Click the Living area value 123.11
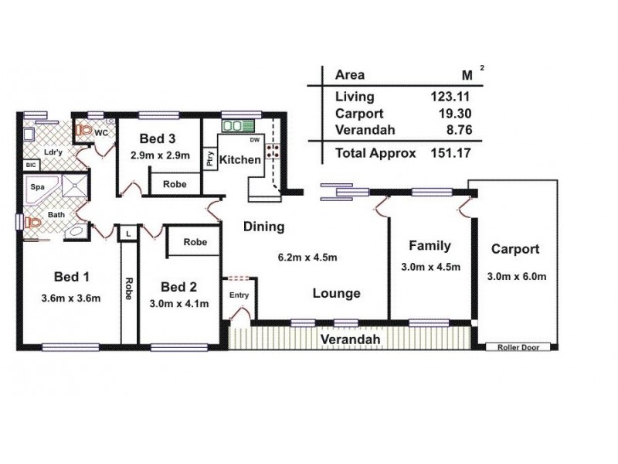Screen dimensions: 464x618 pyautogui.click(x=450, y=97)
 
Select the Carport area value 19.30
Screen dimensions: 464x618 pyautogui.click(x=454, y=114)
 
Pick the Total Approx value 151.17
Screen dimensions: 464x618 pyautogui.click(x=450, y=153)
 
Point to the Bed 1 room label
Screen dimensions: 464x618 pyautogui.click(x=72, y=278)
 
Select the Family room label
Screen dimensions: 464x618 pyautogui.click(x=430, y=247)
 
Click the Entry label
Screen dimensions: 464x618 pyautogui.click(x=239, y=295)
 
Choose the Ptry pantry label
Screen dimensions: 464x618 pyautogui.click(x=209, y=158)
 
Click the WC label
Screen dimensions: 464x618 pyautogui.click(x=100, y=133)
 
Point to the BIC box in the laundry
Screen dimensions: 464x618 pyautogui.click(x=31, y=165)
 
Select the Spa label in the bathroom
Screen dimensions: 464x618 pyautogui.click(x=36, y=187)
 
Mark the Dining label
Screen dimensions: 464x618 pyautogui.click(x=264, y=227)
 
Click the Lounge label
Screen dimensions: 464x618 pyautogui.click(x=337, y=293)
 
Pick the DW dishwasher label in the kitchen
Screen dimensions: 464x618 pyautogui.click(x=254, y=140)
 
